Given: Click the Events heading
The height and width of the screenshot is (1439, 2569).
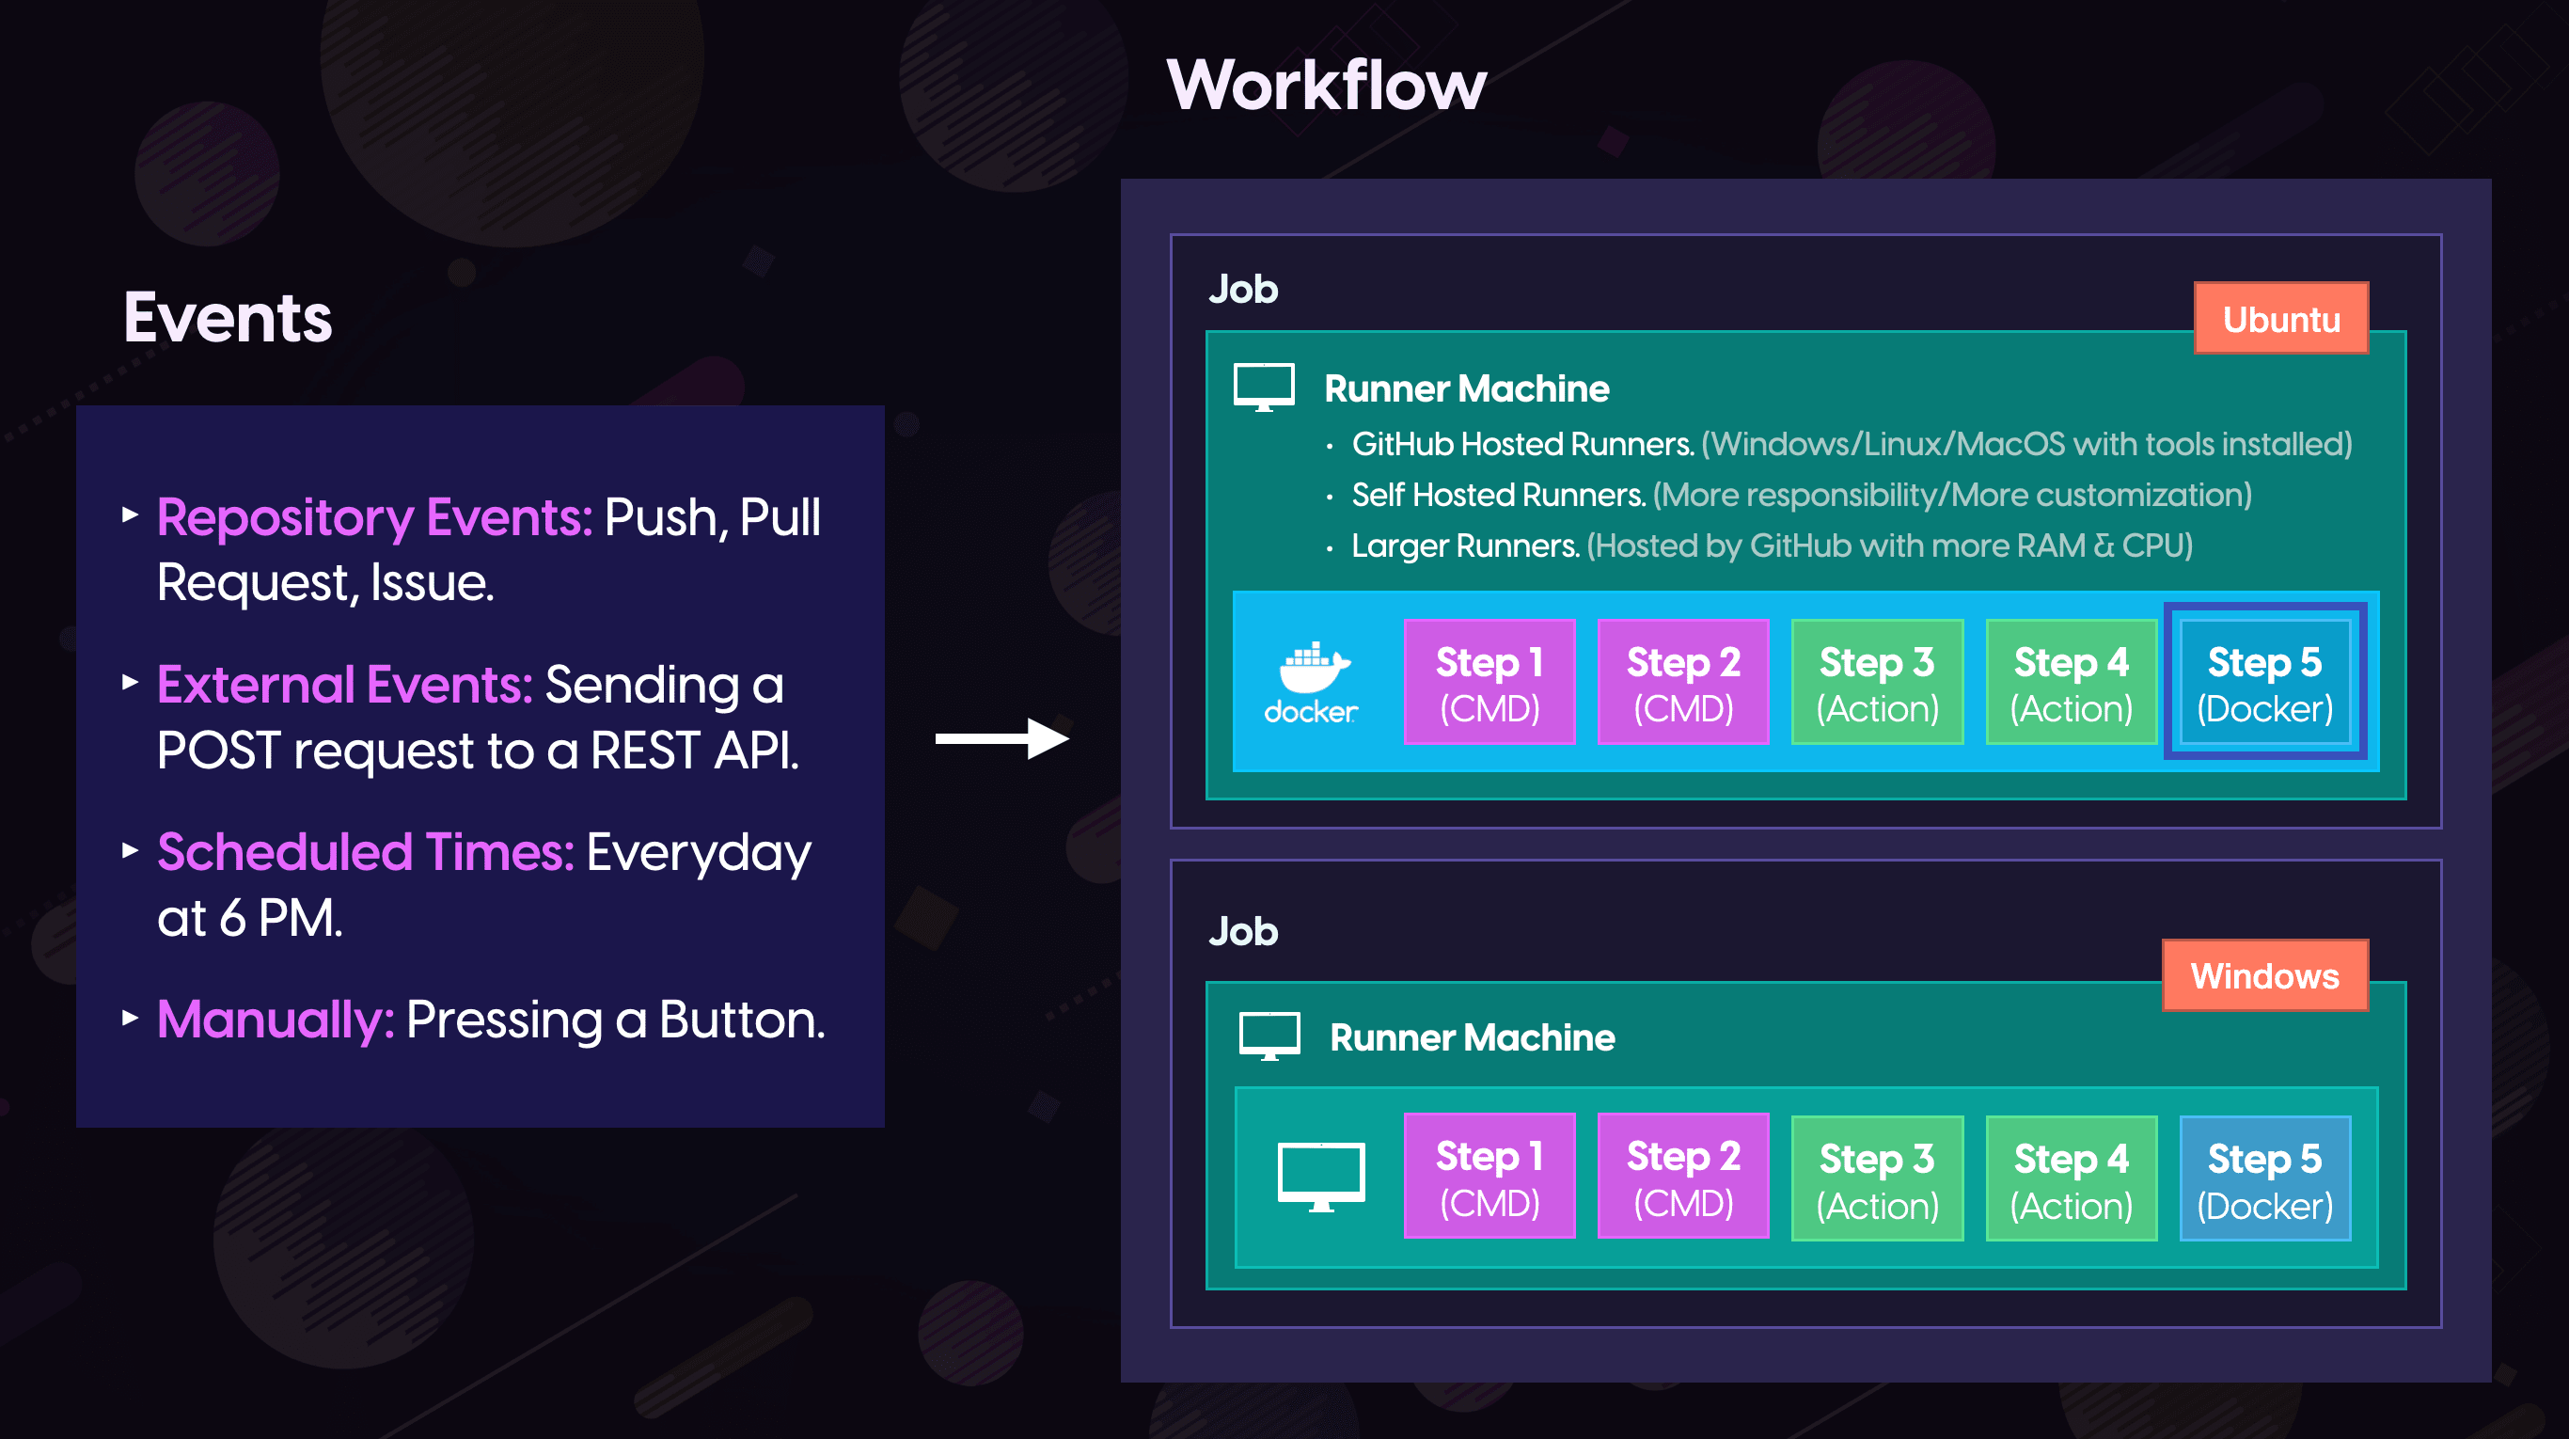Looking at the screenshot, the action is point(228,318).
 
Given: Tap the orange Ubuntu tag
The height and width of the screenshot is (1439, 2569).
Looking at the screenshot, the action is point(2280,318).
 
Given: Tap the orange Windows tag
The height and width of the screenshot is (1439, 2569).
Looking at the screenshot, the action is point(2265,975).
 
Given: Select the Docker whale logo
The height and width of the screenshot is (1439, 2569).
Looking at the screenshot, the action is point(1312,682).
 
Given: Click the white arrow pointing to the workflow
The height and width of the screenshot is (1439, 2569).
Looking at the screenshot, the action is point(1002,738).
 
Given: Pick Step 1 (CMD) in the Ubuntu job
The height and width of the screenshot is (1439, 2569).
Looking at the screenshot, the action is point(1489,682).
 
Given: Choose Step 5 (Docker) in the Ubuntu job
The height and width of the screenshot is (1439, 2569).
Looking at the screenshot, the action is point(2265,682).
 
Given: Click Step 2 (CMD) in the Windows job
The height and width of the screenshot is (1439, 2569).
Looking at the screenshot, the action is point(1683,1177).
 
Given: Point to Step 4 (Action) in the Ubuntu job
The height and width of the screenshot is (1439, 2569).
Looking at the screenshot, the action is point(2072,682).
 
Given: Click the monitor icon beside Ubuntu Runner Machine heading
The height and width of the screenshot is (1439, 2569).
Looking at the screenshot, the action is point(1264,387).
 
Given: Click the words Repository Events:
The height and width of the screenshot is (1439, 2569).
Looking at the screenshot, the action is point(375,516).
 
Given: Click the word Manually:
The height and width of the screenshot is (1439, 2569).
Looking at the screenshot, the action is point(276,1020).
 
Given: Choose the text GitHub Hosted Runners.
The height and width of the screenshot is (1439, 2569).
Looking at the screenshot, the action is point(1522,444).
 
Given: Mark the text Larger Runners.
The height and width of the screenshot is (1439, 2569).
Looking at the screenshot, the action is point(1466,546).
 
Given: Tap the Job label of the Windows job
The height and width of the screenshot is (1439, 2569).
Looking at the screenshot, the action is point(1242,931).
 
